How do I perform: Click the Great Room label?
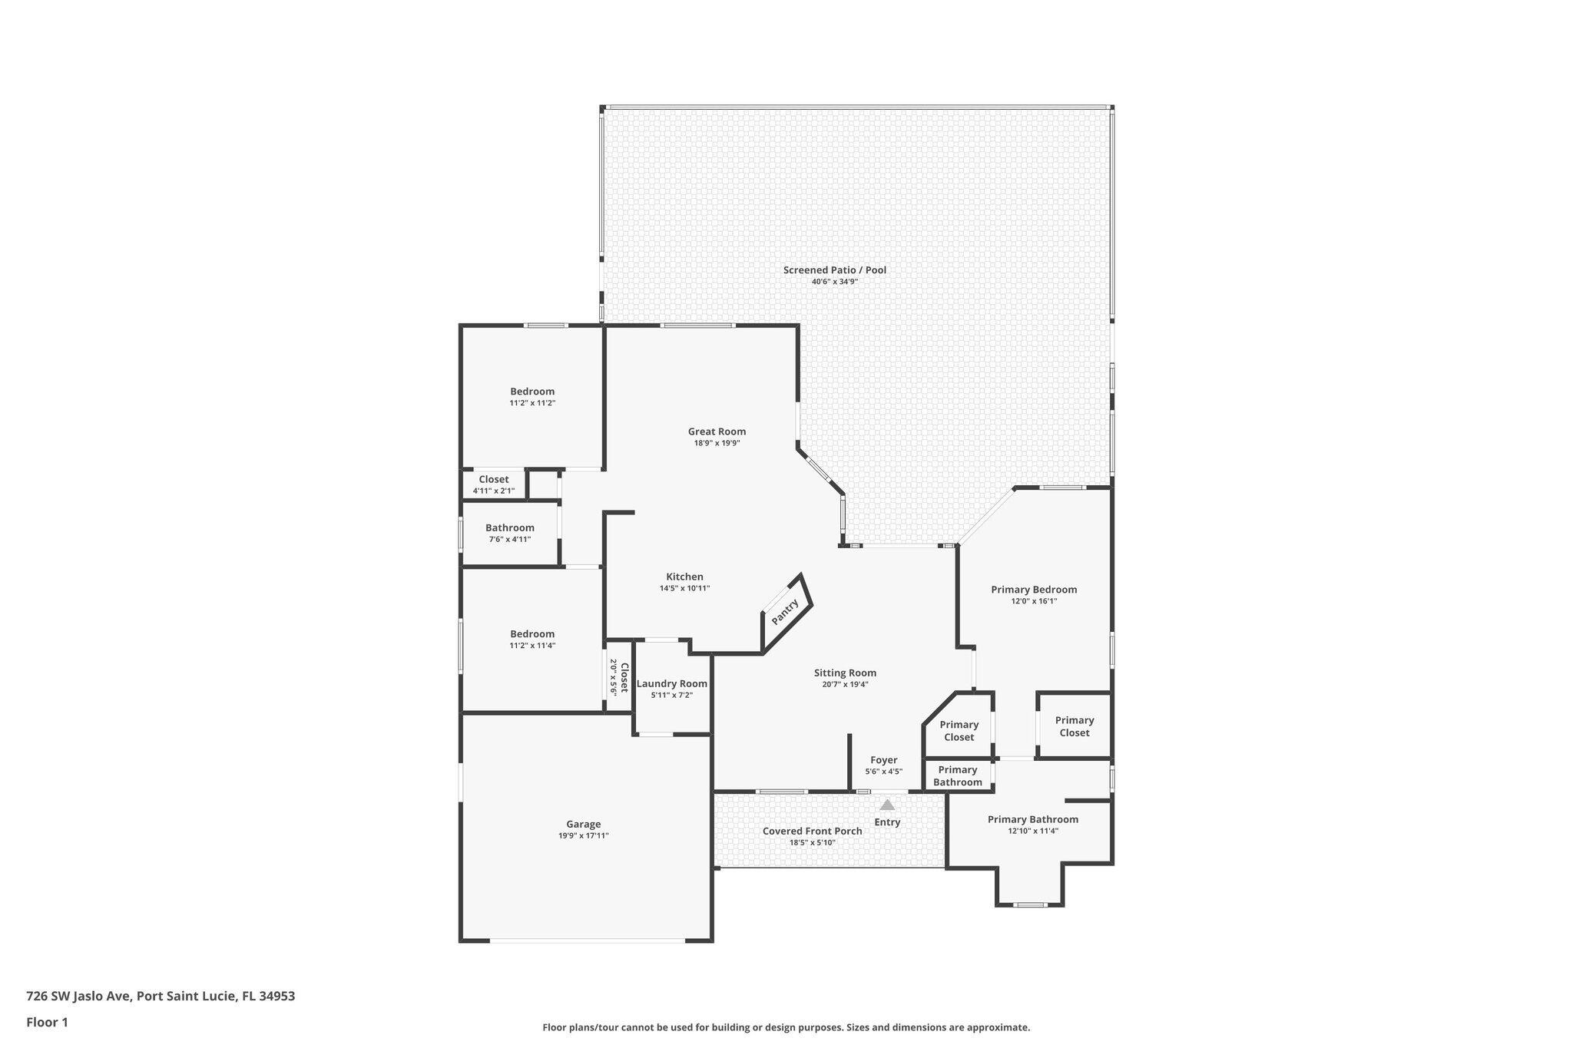tap(717, 431)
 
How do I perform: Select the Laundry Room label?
tap(672, 684)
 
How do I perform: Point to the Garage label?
tap(584, 825)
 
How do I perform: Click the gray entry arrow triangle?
tap(887, 805)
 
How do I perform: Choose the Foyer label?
tap(884, 760)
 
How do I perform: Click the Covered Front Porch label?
tap(813, 831)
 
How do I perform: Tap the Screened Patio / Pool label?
tap(835, 270)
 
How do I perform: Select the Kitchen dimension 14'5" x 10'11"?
tap(684, 589)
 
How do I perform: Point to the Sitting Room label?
tap(845, 673)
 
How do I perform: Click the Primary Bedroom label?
tap(1034, 590)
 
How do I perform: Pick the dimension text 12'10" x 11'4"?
tap(1033, 831)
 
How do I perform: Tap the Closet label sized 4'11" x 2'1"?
tap(494, 480)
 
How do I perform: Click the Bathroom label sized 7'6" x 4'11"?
tap(510, 528)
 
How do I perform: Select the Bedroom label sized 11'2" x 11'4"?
tap(532, 634)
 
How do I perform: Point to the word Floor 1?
tap(47, 1022)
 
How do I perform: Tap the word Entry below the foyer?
tap(887, 822)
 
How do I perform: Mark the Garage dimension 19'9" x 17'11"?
tap(584, 836)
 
